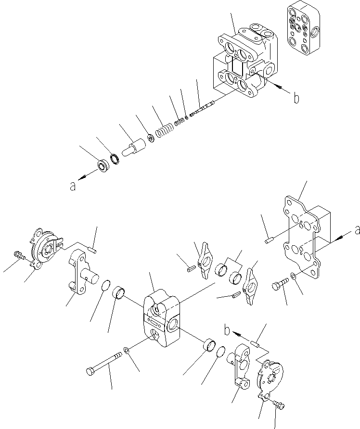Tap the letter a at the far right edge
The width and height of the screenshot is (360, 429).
[357, 231]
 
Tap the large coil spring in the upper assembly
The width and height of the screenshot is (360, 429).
[165, 131]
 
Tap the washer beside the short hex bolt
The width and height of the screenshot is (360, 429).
[294, 277]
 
